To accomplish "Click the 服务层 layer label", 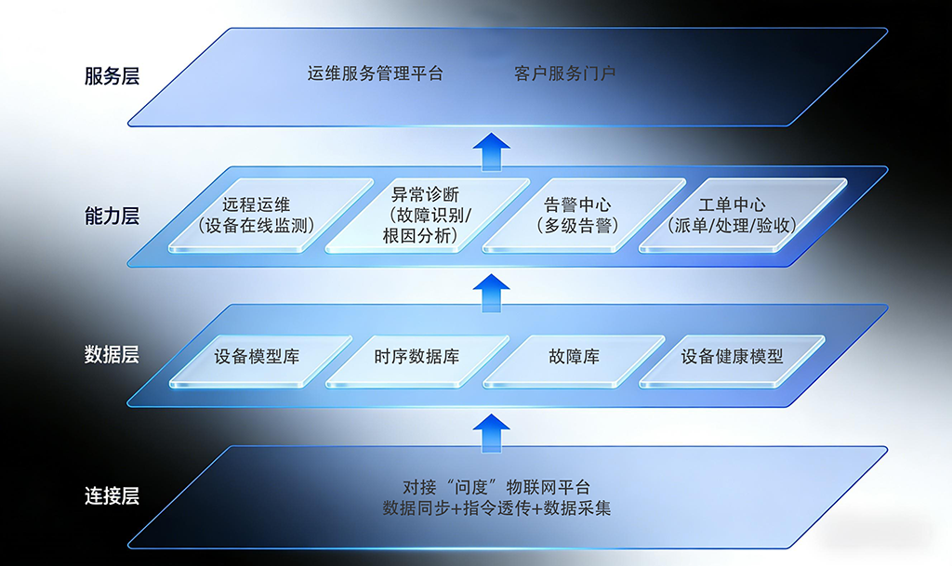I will click(112, 76).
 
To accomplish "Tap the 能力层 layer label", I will click(112, 217).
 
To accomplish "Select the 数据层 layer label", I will click(112, 354).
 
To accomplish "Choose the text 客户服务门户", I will click(564, 73).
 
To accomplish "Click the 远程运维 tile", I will click(257, 215).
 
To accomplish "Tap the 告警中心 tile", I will click(577, 215).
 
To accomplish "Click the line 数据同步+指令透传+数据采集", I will click(496, 508).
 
